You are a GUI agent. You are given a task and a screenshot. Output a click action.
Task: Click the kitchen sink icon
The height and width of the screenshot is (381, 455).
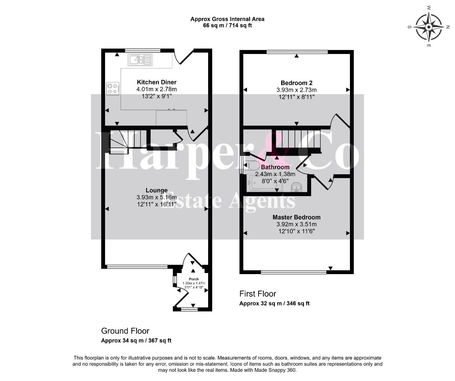pyautogui.click(x=140, y=60)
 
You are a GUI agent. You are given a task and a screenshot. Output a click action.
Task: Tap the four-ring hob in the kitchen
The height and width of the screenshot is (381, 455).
pyautogui.click(x=113, y=89)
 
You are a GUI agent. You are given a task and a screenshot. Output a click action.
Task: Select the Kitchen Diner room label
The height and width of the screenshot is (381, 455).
pyautogui.click(x=157, y=82)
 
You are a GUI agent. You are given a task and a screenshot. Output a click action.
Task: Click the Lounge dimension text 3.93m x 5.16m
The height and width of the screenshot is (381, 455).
pyautogui.click(x=157, y=197)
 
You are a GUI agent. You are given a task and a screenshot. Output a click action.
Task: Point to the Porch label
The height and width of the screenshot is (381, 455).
pyautogui.click(x=194, y=279)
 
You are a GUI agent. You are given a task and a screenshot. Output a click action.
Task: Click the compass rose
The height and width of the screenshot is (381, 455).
pyautogui.click(x=429, y=27)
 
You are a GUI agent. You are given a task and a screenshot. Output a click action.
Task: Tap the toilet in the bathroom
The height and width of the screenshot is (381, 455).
pyautogui.click(x=251, y=166)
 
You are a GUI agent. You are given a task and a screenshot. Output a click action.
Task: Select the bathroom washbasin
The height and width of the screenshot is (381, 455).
pyautogui.click(x=297, y=187)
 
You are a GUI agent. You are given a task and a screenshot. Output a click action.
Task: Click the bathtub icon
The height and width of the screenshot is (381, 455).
pyautogui.click(x=264, y=183)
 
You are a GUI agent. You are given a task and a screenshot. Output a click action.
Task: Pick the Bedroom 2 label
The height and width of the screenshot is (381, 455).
pyautogui.click(x=296, y=83)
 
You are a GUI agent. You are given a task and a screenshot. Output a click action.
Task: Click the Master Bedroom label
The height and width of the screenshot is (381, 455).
pyautogui.click(x=296, y=217)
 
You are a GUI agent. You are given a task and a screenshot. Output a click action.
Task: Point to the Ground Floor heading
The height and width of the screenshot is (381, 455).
pyautogui.click(x=125, y=331)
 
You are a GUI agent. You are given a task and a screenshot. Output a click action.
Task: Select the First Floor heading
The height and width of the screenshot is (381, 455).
pyautogui.click(x=257, y=294)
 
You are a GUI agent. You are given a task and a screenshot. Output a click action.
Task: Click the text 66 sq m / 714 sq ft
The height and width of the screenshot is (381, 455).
pyautogui.click(x=227, y=25)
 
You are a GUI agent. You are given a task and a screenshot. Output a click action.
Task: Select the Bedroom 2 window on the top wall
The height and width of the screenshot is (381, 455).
pyautogui.click(x=297, y=52)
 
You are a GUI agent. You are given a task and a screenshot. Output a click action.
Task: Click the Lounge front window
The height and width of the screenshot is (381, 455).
pyautogui.click(x=137, y=267)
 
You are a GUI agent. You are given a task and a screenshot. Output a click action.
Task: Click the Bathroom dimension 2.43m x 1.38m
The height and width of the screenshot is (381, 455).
pyautogui.click(x=275, y=174)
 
